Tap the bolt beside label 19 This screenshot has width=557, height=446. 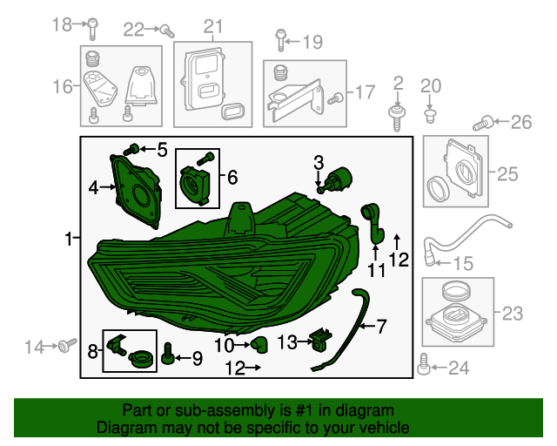click(x=280, y=40)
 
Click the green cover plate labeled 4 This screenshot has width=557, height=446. click(x=135, y=191)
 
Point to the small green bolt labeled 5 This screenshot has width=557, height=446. click(x=134, y=151)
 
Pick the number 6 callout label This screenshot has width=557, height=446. click(x=232, y=178)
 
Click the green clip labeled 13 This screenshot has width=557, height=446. click(x=321, y=339)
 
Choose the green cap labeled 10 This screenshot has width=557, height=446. click(x=257, y=344)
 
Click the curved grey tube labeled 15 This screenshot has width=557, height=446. click(x=461, y=233)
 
